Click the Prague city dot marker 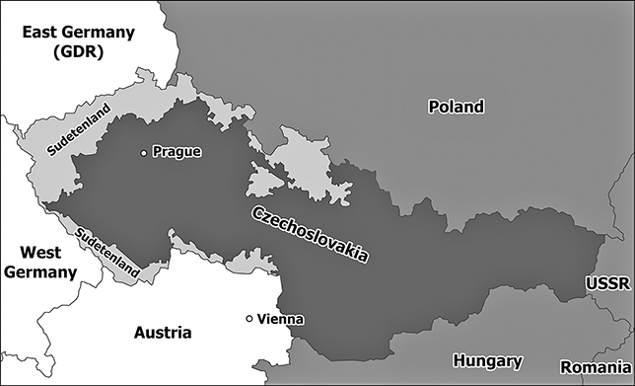coord(144,153)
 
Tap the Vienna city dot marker coord(249,318)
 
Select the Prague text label coord(176,153)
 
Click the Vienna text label coord(280,319)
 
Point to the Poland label coord(456,107)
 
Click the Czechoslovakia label coord(310,234)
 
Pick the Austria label coord(163,332)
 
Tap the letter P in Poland coord(433,107)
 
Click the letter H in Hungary coord(457,361)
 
